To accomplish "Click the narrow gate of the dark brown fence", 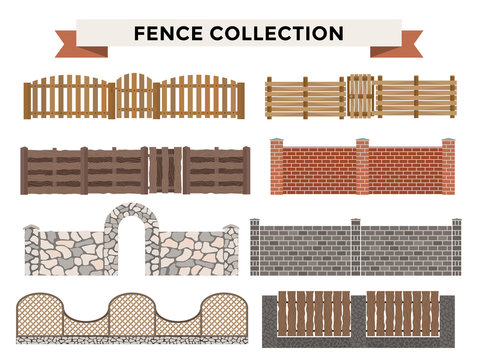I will tap(165, 170).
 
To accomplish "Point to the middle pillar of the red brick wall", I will tap(362, 168).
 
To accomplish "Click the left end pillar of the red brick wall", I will tap(276, 168).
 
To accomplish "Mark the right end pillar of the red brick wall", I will tap(448, 168).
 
